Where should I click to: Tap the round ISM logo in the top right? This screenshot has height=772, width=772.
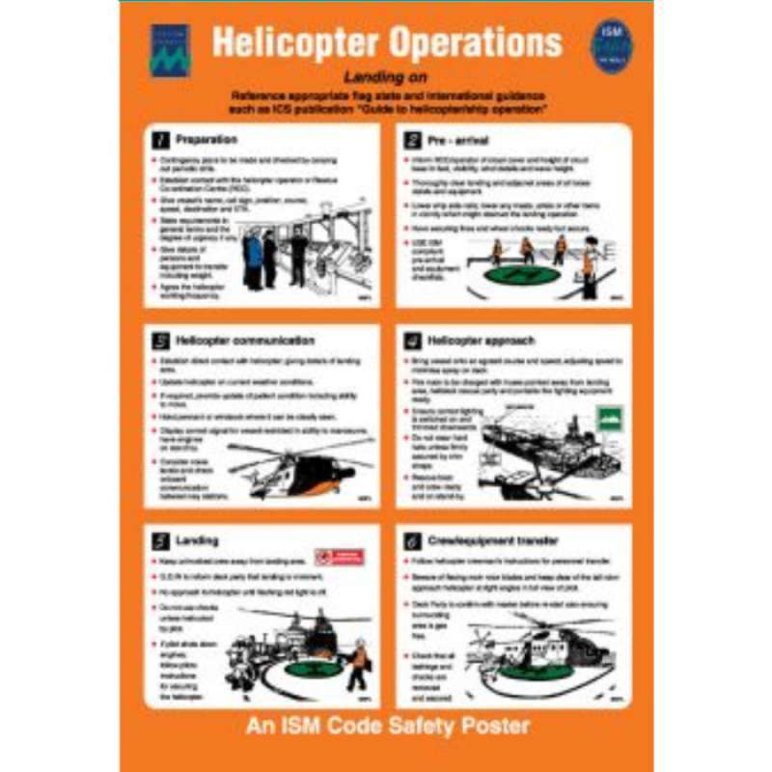point(611,45)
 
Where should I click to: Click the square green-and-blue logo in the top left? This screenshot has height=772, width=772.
point(169,49)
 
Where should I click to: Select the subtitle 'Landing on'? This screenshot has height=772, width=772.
point(385,77)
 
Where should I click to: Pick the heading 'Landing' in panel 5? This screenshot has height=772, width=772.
point(196,540)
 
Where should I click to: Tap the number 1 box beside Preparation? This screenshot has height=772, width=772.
point(162,141)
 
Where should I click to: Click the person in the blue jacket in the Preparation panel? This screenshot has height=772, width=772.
point(254,257)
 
